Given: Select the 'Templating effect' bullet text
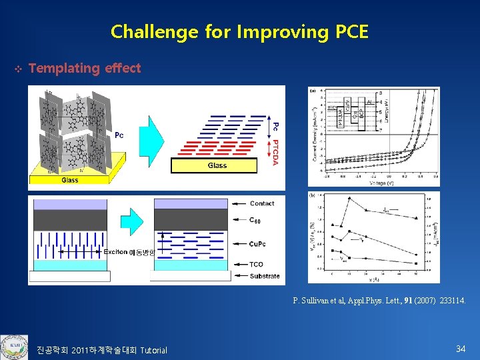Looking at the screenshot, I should [x=85, y=68].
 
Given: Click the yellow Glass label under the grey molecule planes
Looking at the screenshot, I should [x=70, y=179].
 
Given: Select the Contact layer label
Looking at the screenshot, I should [x=262, y=203].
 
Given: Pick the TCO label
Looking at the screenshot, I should [x=256, y=264].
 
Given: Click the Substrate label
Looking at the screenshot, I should [x=265, y=276].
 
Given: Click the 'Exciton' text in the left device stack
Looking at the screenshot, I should [x=117, y=252].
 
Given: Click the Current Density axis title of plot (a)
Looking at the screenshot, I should [x=313, y=137].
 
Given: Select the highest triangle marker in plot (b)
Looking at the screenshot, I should [x=349, y=198].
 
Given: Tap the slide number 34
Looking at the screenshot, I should [x=460, y=349].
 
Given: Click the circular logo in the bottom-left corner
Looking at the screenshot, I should [x=13, y=346].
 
